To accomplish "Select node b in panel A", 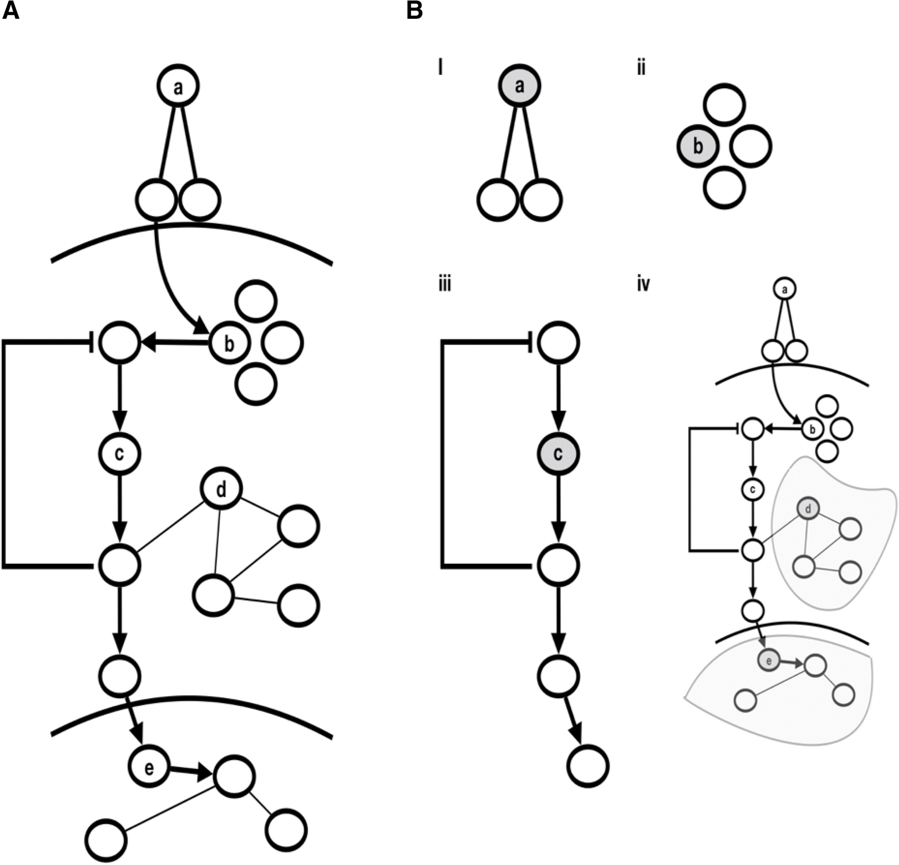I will point(229,343).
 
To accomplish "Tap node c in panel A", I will point(119,454).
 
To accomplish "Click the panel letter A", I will point(11,11).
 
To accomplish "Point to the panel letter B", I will point(414,11).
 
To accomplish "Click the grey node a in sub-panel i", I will point(519,85).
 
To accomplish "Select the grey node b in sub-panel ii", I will point(698,146).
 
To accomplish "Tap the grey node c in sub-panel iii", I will point(558,454).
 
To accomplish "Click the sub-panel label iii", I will point(445,284).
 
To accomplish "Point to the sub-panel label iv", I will point(643,284).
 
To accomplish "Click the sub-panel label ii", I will point(641,68).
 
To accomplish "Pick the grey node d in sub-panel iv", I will point(808,508).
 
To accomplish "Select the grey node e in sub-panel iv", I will point(768,661).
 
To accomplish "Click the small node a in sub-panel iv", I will point(785,289).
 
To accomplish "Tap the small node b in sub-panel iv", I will point(812,430).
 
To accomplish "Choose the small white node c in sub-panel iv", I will point(753,490).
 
